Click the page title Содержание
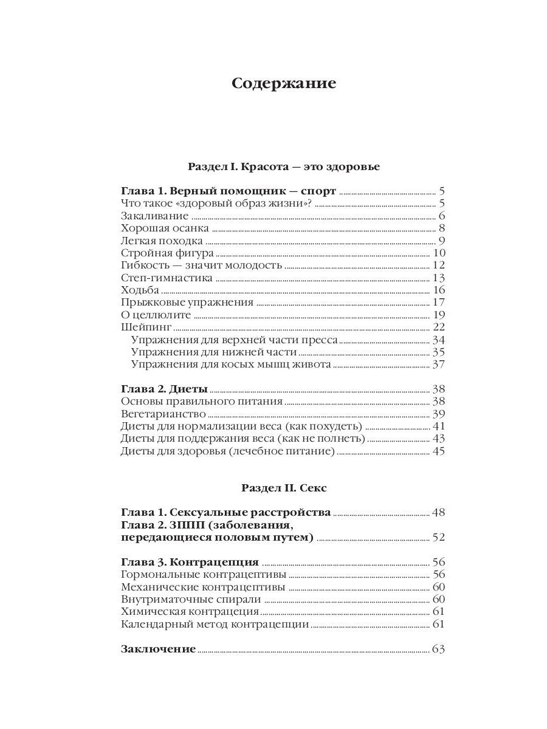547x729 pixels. tap(283, 83)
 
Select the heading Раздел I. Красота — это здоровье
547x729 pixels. tap(283, 166)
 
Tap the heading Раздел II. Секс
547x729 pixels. tap(283, 488)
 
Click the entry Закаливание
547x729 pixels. tap(155, 216)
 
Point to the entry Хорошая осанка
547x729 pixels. tap(165, 228)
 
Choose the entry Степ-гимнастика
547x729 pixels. tap(167, 278)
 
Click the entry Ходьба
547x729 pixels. tap(140, 290)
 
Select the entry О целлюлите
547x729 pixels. tap(156, 315)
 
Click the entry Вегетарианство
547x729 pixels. tap(163, 414)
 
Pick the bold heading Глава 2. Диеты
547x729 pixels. tap(164, 389)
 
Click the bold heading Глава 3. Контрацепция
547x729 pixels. tap(190, 562)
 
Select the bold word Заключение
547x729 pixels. tap(158, 649)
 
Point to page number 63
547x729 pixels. tap(439, 649)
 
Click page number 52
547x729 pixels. tap(439, 537)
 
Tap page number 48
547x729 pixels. tap(439, 512)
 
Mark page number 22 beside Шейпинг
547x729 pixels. tap(439, 327)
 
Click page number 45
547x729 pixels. tap(439, 451)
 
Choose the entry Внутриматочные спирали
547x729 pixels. tap(191, 599)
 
